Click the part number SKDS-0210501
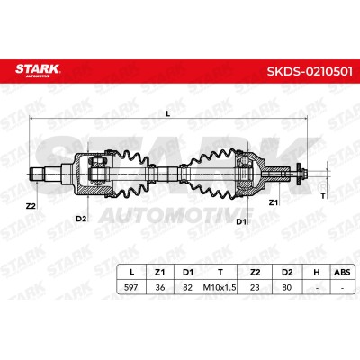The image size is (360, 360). [x=310, y=72]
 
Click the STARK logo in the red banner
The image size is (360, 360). [x=38, y=70]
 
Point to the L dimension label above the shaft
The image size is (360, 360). [x=168, y=113]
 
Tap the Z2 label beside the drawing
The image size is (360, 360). [x=31, y=206]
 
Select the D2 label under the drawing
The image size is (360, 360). [x=81, y=219]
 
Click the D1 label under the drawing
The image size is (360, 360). [x=241, y=221]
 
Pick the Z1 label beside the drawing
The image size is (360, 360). [x=273, y=202]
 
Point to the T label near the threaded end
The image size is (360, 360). [x=323, y=196]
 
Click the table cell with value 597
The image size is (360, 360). [x=131, y=287]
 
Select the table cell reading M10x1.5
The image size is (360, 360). [x=220, y=287]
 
